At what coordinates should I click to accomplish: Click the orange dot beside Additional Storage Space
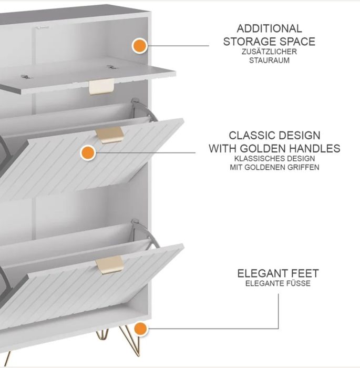[x=140, y=46]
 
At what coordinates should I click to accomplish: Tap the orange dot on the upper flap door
[x=88, y=153]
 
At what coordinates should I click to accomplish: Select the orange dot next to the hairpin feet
[x=140, y=329]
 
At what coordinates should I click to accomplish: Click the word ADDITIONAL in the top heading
[x=269, y=28]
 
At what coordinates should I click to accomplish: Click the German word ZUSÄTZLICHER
[x=269, y=52]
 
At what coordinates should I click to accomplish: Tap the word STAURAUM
[x=269, y=60]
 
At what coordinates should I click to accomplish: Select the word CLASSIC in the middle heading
[x=249, y=136]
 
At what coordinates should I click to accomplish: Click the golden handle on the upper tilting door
[x=110, y=135]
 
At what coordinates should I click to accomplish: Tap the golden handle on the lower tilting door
[x=110, y=265]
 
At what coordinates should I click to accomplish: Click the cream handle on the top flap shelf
[x=101, y=87]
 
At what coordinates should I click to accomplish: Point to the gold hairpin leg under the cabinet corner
[x=131, y=340]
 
